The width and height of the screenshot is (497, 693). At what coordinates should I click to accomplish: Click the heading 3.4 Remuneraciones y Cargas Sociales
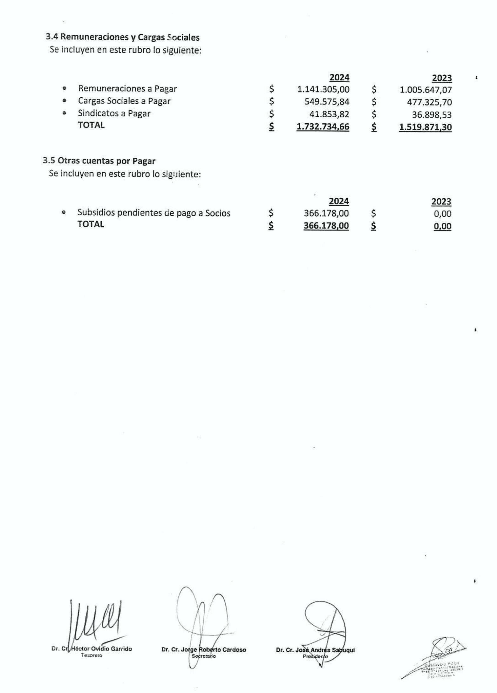click(x=123, y=37)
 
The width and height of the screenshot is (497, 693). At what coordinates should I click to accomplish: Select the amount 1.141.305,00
click(x=323, y=89)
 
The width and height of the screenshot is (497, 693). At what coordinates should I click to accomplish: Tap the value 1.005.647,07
click(x=426, y=90)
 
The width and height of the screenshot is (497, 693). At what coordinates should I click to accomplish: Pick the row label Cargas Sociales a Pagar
click(x=124, y=101)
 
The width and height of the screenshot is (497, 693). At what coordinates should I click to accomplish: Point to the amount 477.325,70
click(x=429, y=102)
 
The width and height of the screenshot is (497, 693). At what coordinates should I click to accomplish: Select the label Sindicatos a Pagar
click(x=114, y=113)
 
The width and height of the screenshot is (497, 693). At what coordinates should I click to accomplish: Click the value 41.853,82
click(x=329, y=114)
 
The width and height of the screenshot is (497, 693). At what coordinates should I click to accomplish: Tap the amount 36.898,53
click(x=432, y=115)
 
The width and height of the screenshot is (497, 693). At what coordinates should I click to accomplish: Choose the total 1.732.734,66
click(x=323, y=127)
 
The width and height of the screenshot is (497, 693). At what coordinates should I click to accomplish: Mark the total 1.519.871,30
click(x=426, y=127)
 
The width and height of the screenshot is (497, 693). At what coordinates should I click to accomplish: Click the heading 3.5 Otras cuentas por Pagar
click(x=99, y=161)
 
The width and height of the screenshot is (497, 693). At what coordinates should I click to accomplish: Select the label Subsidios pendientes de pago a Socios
click(x=154, y=213)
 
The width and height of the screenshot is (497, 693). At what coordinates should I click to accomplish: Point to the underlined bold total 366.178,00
click(x=326, y=226)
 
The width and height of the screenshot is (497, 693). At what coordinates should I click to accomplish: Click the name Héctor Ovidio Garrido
click(x=101, y=649)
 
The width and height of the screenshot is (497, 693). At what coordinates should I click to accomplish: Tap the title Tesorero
click(x=92, y=655)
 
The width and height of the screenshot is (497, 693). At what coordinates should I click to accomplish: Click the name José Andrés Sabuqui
click(x=325, y=650)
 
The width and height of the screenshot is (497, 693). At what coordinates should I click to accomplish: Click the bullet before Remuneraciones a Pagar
click(x=65, y=88)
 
